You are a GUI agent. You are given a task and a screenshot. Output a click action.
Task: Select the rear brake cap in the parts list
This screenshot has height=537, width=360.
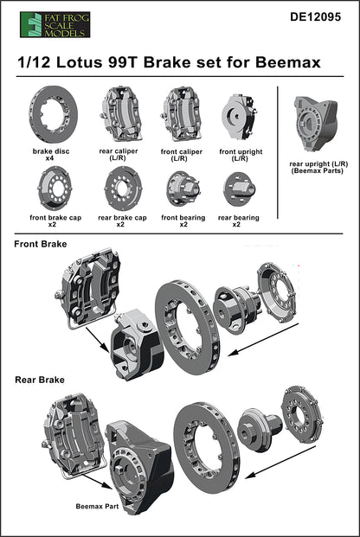121,189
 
